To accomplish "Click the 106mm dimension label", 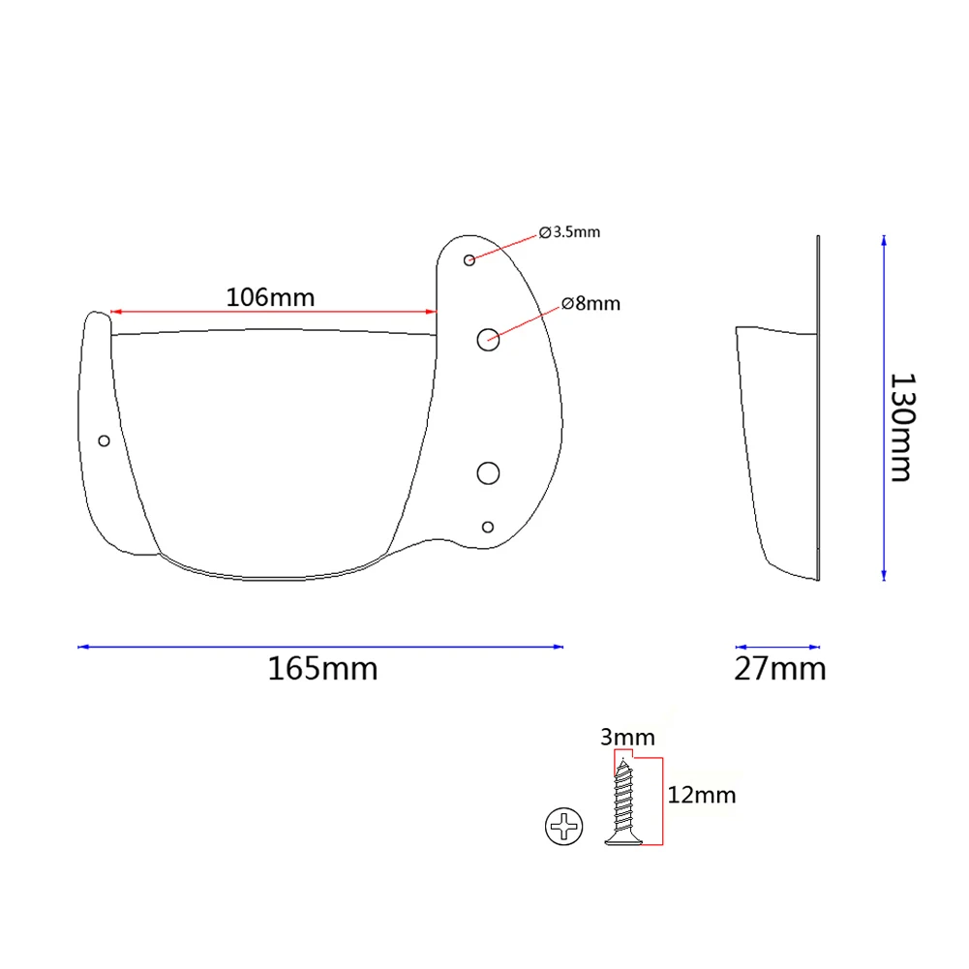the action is (270, 297).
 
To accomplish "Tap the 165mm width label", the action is (322, 669).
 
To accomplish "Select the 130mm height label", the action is (901, 427).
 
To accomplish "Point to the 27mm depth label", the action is (780, 669).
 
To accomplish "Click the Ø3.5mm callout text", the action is (569, 231).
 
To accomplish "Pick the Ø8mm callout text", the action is (590, 303).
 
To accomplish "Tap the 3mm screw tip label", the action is (627, 738).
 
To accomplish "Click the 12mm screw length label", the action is (702, 795).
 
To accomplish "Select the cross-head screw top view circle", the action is (563, 827).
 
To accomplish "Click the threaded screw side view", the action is (623, 802).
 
